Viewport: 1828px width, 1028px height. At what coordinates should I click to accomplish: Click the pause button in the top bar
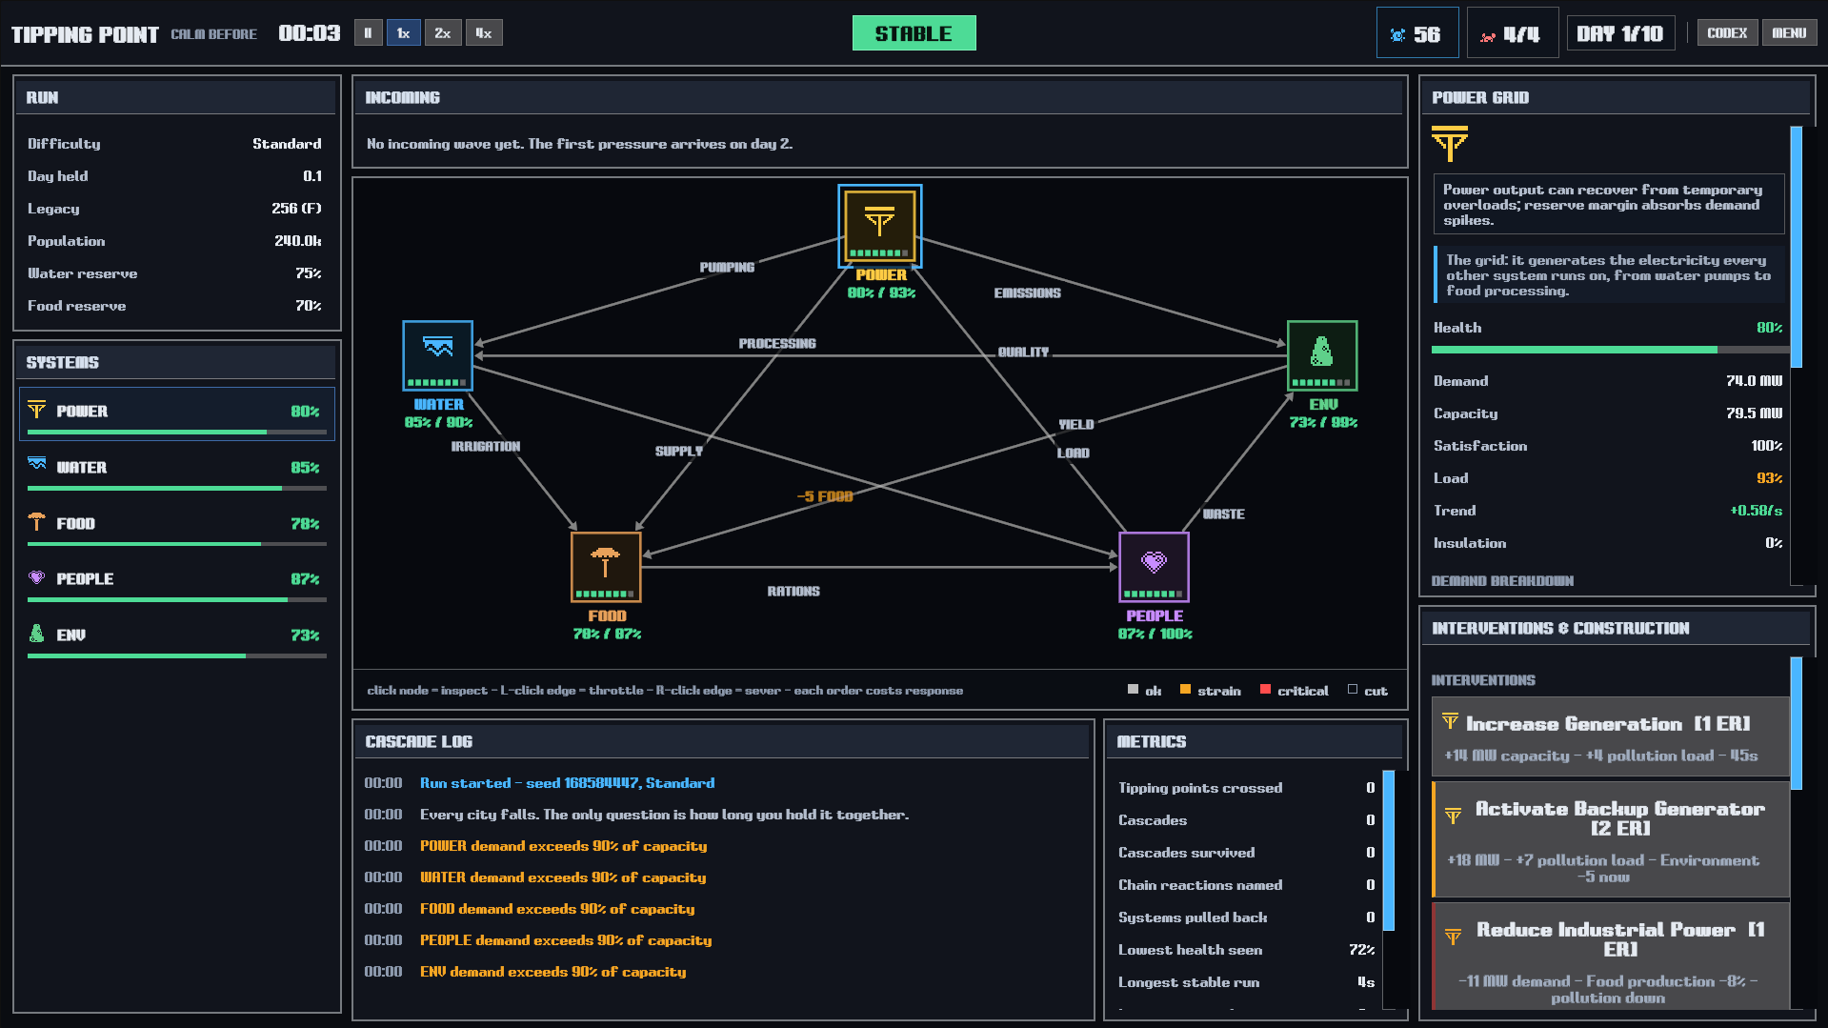tap(368, 33)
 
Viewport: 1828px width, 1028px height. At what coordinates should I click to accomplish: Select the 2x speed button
tap(443, 33)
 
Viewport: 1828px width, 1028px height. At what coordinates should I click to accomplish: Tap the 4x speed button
tap(484, 33)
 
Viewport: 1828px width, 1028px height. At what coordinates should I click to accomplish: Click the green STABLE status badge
tap(914, 33)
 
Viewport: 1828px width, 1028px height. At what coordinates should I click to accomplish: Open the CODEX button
tap(1727, 33)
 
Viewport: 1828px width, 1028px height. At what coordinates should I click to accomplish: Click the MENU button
tap(1789, 33)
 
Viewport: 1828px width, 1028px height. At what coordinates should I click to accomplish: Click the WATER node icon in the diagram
tap(438, 355)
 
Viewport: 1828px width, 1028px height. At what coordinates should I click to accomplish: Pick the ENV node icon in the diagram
tap(1322, 355)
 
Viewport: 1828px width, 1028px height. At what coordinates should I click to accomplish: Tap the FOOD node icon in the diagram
tap(606, 567)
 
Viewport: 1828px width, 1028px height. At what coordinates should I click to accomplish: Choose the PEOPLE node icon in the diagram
tap(1154, 567)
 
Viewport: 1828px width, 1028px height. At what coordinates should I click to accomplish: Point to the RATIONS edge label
tap(793, 591)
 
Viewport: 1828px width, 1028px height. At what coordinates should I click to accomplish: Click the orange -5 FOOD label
tap(825, 496)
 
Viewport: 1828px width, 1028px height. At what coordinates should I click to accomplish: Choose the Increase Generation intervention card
tap(1610, 737)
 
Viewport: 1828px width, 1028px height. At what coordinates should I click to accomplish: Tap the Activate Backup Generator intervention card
tap(1610, 839)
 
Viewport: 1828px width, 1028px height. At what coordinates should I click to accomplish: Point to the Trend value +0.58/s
tap(1756, 511)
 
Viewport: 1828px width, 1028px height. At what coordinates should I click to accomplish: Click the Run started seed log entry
tap(567, 783)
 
